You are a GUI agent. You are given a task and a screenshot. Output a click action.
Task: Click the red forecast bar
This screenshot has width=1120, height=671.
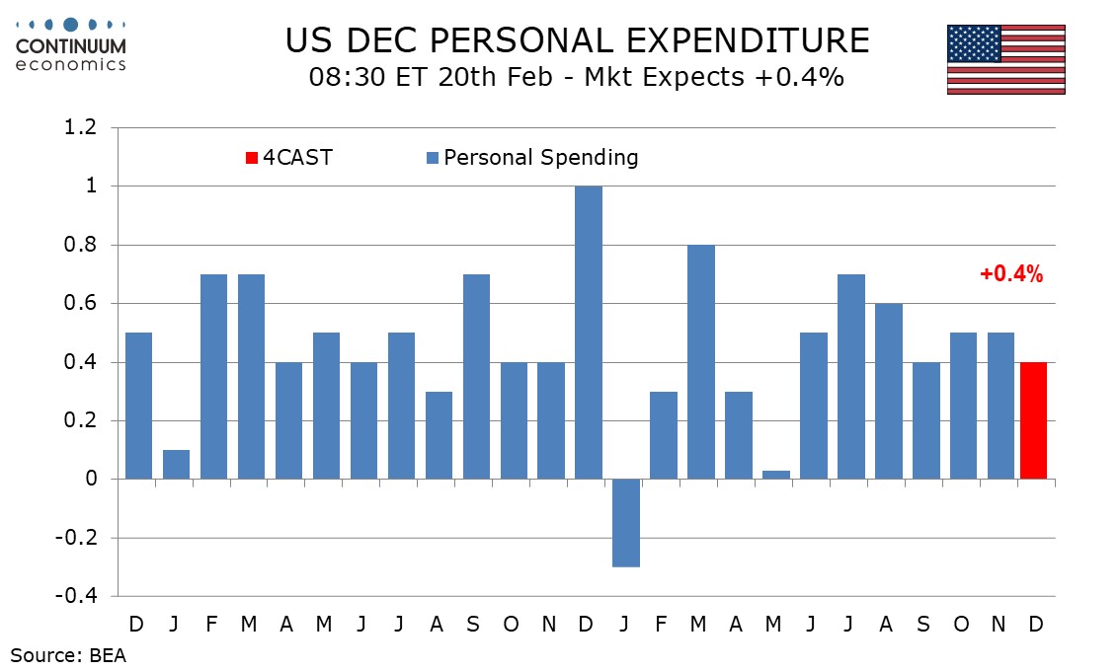(1032, 420)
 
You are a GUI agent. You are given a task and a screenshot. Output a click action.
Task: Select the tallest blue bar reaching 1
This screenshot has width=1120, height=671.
(588, 333)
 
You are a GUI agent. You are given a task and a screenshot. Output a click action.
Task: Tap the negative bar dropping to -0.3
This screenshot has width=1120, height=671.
(625, 523)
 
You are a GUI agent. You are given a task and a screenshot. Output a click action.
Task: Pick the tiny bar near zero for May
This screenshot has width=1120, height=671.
(775, 475)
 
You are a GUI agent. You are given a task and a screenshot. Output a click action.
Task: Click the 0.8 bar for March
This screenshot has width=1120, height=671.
(700, 362)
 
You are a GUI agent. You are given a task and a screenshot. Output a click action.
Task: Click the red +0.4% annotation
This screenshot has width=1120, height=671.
(1011, 275)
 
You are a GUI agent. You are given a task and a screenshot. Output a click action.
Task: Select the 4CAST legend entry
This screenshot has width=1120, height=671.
(289, 157)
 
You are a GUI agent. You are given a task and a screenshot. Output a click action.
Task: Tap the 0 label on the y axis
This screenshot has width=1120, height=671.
(90, 480)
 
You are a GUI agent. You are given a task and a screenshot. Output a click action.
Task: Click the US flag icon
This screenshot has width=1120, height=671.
(1005, 59)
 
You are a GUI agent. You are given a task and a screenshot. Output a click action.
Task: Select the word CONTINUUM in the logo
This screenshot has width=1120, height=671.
(71, 46)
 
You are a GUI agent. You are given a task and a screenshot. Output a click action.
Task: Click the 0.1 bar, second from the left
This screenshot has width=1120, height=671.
(176, 464)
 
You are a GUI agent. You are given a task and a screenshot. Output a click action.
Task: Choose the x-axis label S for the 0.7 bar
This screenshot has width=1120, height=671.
(475, 624)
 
